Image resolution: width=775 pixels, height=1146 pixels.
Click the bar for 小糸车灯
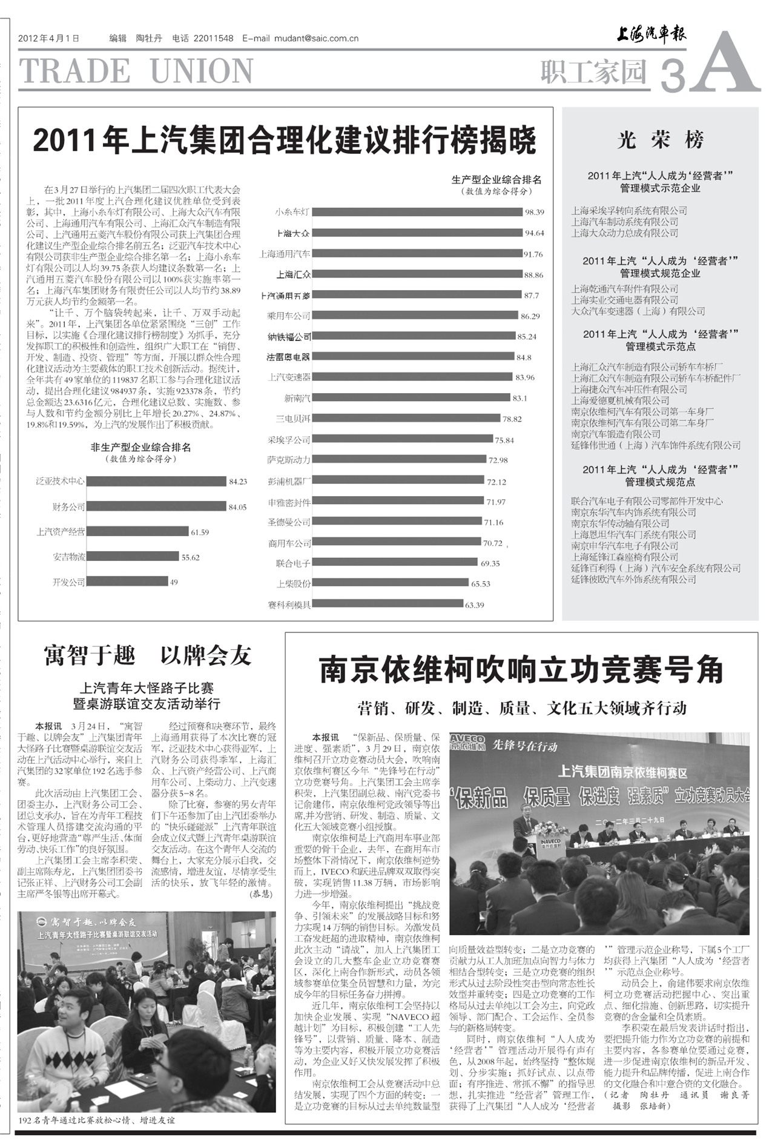pos(418,212)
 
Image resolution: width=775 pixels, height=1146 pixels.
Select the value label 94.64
pos(535,233)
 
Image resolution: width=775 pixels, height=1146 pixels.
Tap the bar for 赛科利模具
pos(387,604)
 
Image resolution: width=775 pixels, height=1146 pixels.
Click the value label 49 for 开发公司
pos(174,582)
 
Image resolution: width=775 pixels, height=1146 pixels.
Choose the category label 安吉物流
pos(68,557)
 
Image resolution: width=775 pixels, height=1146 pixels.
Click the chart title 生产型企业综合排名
pos(496,180)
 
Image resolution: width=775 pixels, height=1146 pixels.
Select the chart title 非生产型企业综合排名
pos(140,448)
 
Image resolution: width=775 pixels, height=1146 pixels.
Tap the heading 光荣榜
pos(660,141)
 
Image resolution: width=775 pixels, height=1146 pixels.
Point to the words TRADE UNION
pos(137,71)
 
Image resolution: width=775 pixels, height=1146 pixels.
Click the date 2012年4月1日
pos(49,38)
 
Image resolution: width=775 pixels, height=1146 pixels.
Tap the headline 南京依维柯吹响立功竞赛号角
pos(521,669)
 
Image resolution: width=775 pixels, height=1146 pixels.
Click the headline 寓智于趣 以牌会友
pos(147,655)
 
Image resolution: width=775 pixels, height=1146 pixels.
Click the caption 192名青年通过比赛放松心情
pos(97,1121)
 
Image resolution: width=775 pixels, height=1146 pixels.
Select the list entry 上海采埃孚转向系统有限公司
pos(629,211)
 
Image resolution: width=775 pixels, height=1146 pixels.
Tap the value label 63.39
pos(475,605)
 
